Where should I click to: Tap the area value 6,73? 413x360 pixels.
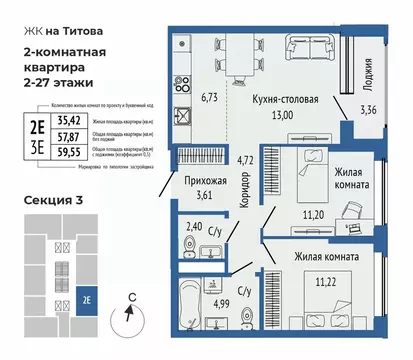tap(209, 98)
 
